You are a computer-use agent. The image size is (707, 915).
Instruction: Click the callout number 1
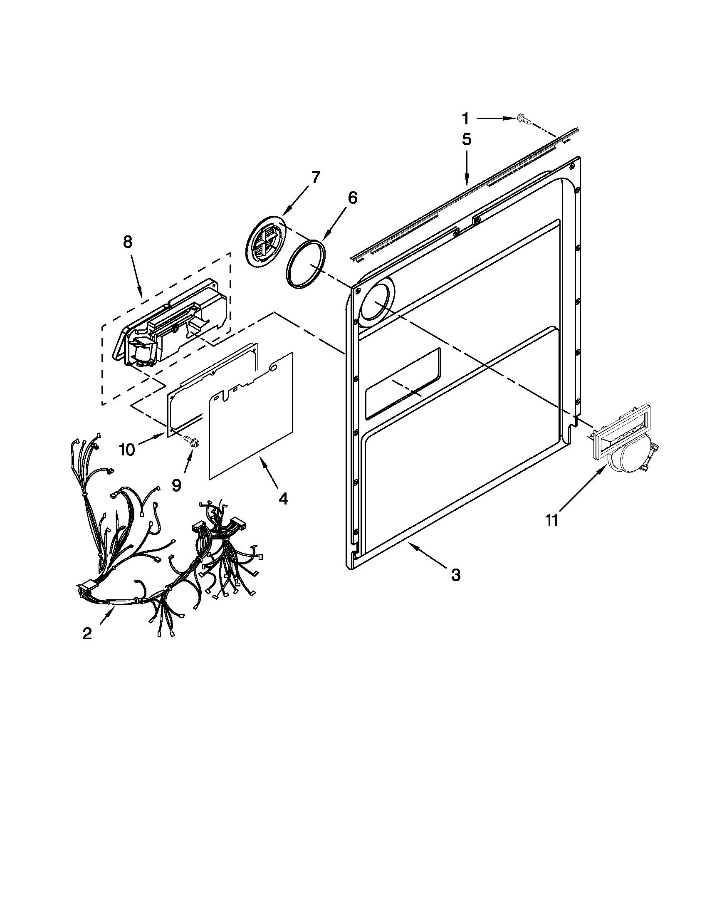(x=465, y=119)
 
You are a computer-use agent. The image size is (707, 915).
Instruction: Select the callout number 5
(x=467, y=139)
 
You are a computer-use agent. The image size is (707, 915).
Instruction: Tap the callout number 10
(x=127, y=450)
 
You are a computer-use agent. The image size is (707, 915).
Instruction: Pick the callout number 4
(x=283, y=499)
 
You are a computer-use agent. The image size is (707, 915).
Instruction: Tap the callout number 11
(x=552, y=520)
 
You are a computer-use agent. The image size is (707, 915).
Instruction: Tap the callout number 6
(x=353, y=198)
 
